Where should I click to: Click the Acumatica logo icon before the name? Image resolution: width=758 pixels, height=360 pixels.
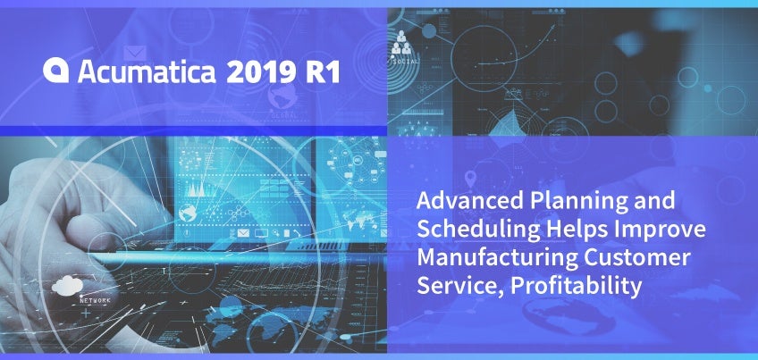tap(55, 71)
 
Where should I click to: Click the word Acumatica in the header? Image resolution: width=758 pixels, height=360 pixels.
tap(147, 71)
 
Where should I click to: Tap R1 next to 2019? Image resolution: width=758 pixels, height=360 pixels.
tap(323, 72)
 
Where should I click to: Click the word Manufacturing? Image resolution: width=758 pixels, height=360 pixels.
tap(497, 258)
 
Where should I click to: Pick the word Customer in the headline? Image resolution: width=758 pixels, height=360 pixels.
tap(637, 257)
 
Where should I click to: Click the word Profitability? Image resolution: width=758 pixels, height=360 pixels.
tap(577, 287)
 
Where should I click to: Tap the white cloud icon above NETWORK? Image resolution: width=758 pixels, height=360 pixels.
tap(67, 286)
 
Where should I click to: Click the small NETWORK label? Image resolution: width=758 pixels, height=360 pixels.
tap(96, 300)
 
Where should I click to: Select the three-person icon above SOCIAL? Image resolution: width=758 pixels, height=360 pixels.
tap(401, 43)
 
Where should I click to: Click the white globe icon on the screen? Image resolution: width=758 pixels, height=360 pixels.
tap(187, 213)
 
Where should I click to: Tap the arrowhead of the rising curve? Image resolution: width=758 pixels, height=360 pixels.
tap(552, 26)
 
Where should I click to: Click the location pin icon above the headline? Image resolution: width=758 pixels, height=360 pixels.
tap(469, 180)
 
